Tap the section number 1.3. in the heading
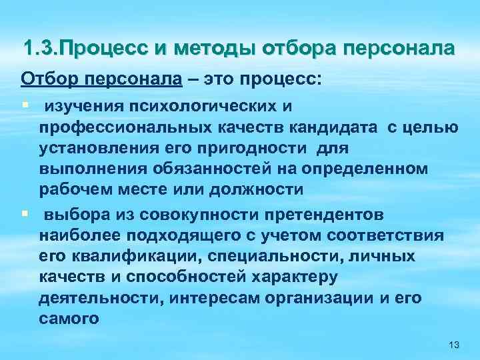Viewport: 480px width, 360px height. point(40,49)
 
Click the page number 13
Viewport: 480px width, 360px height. point(455,343)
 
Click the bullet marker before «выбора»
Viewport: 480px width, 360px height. point(24,215)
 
